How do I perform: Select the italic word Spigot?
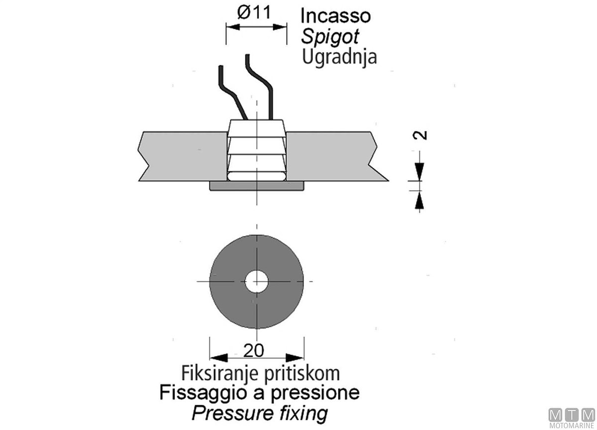(330, 36)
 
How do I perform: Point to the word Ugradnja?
(339, 57)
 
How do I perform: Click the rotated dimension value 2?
(421, 135)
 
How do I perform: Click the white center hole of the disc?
(256, 282)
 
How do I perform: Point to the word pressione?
(315, 393)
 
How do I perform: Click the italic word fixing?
(304, 413)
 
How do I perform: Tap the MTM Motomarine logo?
(571, 417)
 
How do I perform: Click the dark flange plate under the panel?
(256, 186)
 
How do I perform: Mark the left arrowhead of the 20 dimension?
(217, 357)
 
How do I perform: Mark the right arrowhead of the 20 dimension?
(297, 357)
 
